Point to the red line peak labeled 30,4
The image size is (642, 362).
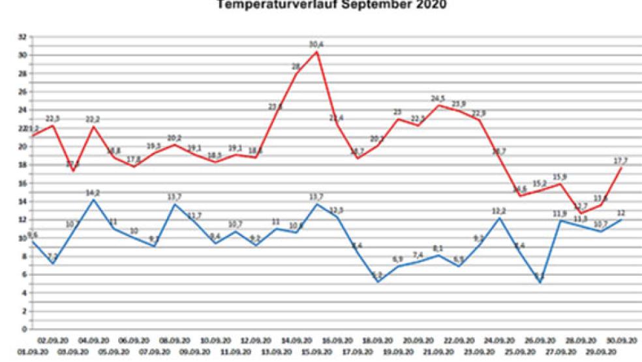(x=317, y=52)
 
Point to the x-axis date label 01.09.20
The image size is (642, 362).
(x=14, y=352)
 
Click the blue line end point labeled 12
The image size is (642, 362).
(x=620, y=220)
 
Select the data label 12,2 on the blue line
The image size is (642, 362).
(x=498, y=210)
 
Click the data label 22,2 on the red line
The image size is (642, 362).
(x=93, y=119)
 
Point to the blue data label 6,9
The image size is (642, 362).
(x=397, y=259)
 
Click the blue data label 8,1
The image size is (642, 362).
(x=438, y=248)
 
